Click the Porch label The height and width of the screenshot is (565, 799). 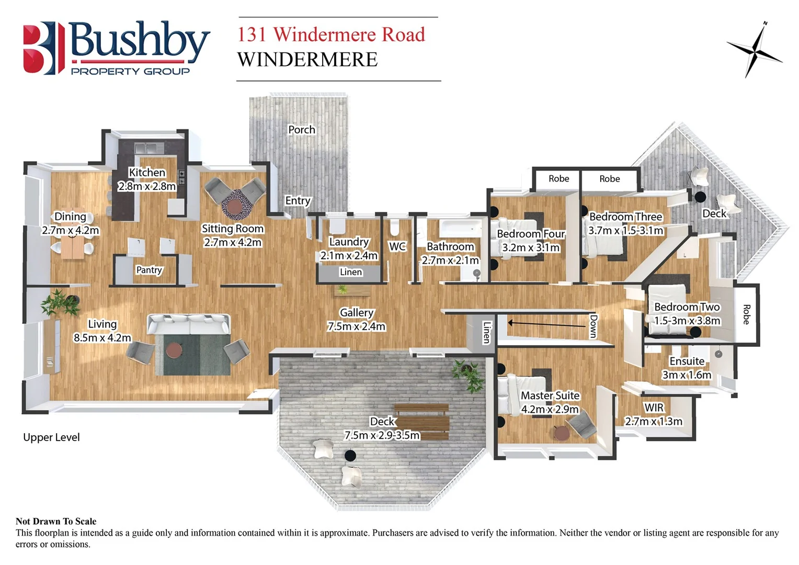point(302,130)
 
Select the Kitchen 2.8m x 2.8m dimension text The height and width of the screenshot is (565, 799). point(147,186)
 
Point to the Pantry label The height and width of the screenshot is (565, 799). point(149,270)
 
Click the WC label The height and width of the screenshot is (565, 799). point(397,246)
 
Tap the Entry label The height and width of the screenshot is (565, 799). point(298,200)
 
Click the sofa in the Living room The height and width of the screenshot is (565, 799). point(188,325)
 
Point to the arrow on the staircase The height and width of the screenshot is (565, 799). point(546,324)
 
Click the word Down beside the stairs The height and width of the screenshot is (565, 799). point(593,326)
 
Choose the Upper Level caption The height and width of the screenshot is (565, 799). point(51,437)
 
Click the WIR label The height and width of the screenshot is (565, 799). point(654,408)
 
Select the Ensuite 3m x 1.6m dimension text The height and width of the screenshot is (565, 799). point(687,375)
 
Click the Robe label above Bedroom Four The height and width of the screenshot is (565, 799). point(558,179)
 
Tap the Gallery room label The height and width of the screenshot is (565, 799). point(357,312)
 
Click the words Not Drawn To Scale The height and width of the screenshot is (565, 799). point(56,521)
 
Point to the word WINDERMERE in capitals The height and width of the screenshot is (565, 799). point(307,60)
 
